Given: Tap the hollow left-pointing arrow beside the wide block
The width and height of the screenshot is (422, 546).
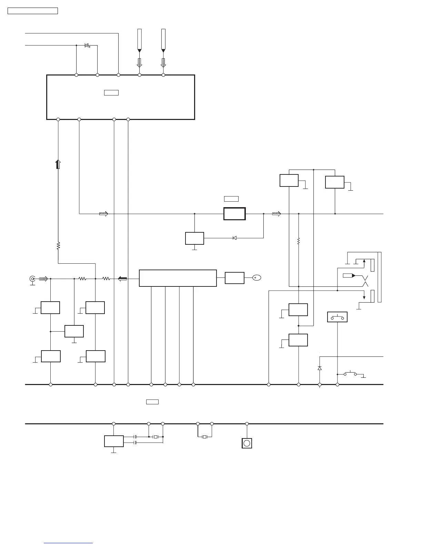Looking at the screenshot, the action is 122,279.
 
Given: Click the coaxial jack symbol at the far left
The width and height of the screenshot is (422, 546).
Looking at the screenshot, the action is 32,279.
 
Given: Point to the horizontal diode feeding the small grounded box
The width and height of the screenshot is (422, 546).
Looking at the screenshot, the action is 234,238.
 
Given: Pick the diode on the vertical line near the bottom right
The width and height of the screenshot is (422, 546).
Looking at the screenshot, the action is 320,368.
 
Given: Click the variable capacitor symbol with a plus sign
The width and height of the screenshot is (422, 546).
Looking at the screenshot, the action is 87,45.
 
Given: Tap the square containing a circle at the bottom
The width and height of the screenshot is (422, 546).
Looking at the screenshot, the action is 247,443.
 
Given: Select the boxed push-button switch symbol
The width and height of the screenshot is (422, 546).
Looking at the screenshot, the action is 337,317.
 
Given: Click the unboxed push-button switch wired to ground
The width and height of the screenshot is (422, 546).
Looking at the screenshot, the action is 351,374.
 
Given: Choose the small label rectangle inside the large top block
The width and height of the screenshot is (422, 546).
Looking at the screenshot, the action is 111,92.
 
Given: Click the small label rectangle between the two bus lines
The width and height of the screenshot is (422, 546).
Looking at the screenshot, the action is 152,402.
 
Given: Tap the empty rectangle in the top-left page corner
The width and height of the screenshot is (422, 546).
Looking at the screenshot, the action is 33,11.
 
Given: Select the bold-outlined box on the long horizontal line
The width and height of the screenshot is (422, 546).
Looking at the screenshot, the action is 234,214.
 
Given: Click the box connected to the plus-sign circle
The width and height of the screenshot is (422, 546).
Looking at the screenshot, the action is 234,278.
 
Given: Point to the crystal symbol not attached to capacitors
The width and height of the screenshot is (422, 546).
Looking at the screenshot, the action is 204,437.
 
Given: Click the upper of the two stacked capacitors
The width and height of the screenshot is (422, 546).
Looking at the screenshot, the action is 135,437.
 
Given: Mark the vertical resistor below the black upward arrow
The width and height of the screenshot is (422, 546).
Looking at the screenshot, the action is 58,246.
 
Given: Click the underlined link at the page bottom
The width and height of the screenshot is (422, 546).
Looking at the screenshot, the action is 69,543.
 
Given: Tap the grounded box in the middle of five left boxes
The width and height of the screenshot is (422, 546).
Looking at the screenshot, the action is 74,331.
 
